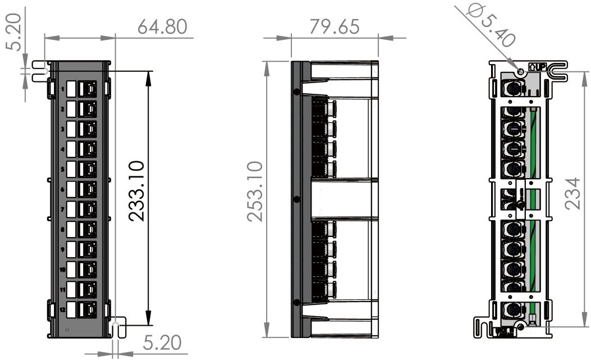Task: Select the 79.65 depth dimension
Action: pos(334,27)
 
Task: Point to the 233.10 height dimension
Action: pos(138,191)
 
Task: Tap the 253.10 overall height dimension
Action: pos(254,191)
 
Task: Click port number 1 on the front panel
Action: pos(63,89)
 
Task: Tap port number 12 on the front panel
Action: pos(62,310)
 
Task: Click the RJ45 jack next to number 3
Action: pos(86,129)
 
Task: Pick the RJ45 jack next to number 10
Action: pos(86,269)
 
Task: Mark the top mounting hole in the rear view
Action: pos(520,72)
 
